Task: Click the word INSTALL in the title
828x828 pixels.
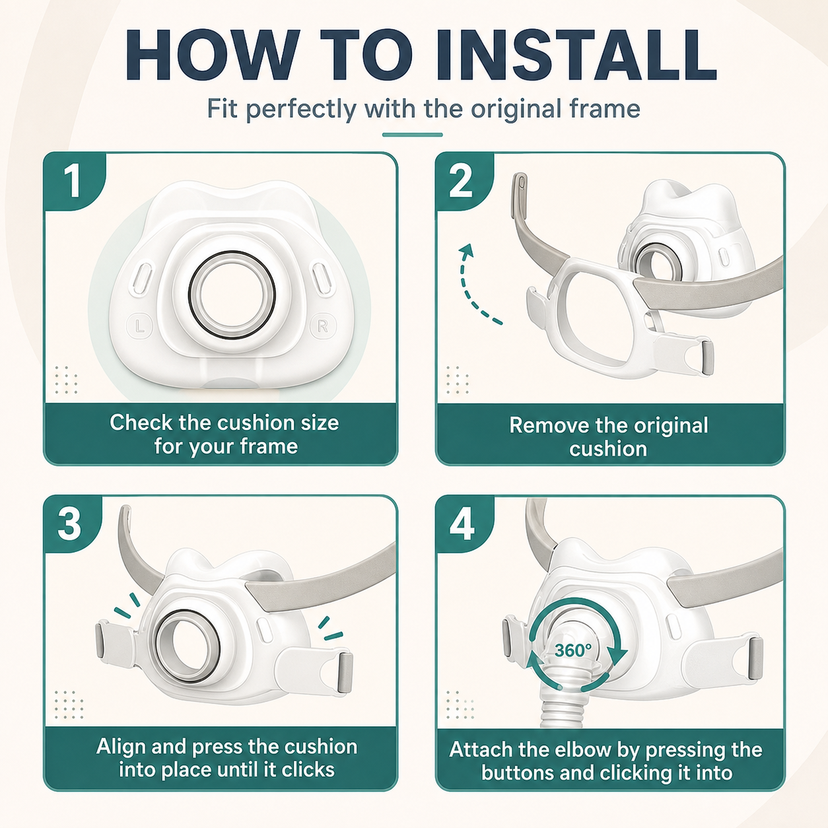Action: [576, 54]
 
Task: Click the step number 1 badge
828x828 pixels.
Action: [74, 182]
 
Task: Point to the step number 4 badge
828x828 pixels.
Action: [462, 524]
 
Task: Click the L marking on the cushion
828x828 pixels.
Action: [139, 327]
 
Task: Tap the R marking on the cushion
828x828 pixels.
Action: [323, 327]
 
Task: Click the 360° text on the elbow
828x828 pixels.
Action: [572, 650]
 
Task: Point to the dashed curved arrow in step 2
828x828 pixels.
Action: [466, 289]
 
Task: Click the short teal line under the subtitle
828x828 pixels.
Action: [413, 135]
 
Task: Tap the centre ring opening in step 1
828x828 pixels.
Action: [232, 295]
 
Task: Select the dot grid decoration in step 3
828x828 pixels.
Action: [69, 705]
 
